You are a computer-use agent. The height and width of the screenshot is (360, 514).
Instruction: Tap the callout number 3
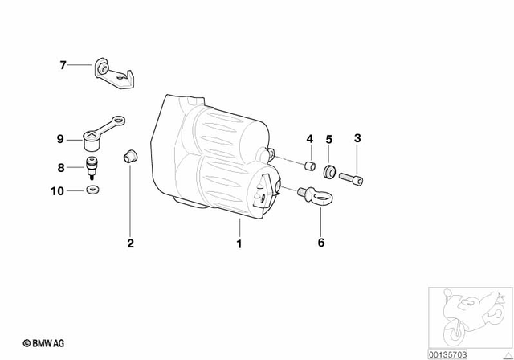(357, 138)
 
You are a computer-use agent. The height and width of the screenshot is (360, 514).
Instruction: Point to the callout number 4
(308, 138)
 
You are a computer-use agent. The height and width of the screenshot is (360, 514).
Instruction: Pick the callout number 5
(328, 138)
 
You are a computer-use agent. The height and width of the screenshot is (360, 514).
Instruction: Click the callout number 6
(320, 241)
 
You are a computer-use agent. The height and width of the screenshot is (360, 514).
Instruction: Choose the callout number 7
(63, 64)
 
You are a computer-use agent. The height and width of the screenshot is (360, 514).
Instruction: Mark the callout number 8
(59, 168)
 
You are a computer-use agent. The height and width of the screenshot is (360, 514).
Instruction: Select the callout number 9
(59, 140)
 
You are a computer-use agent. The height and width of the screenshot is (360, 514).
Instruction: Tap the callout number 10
(57, 191)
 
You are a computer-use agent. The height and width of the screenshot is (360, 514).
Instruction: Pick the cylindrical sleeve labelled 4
(308, 166)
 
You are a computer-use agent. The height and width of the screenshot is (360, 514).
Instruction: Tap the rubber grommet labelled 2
(128, 155)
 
